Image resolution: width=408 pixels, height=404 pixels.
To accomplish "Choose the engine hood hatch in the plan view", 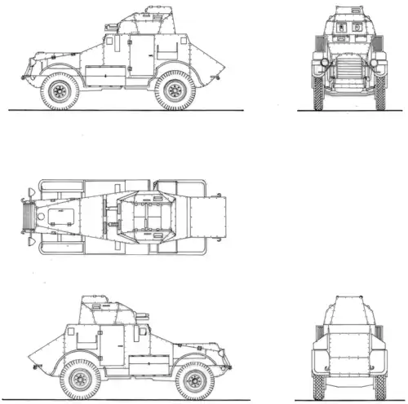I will tap(61, 215).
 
